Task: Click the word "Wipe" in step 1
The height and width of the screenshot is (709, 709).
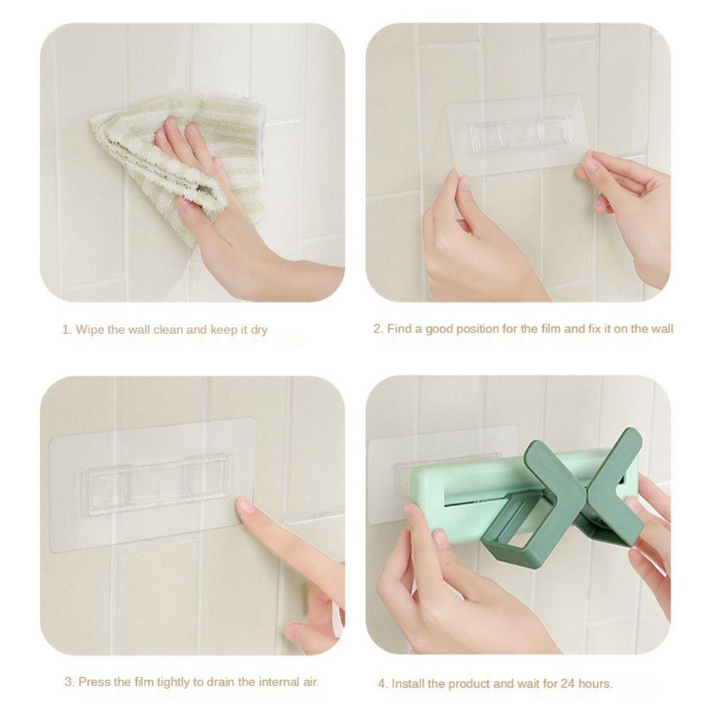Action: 89,329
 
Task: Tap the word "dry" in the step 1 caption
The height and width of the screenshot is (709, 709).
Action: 259,330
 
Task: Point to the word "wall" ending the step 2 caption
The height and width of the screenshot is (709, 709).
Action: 661,329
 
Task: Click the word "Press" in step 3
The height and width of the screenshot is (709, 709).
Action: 93,681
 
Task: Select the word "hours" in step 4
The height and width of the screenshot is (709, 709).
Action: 595,683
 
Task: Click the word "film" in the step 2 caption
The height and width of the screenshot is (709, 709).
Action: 551,329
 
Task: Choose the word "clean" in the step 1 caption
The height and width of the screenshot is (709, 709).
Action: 169,330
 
